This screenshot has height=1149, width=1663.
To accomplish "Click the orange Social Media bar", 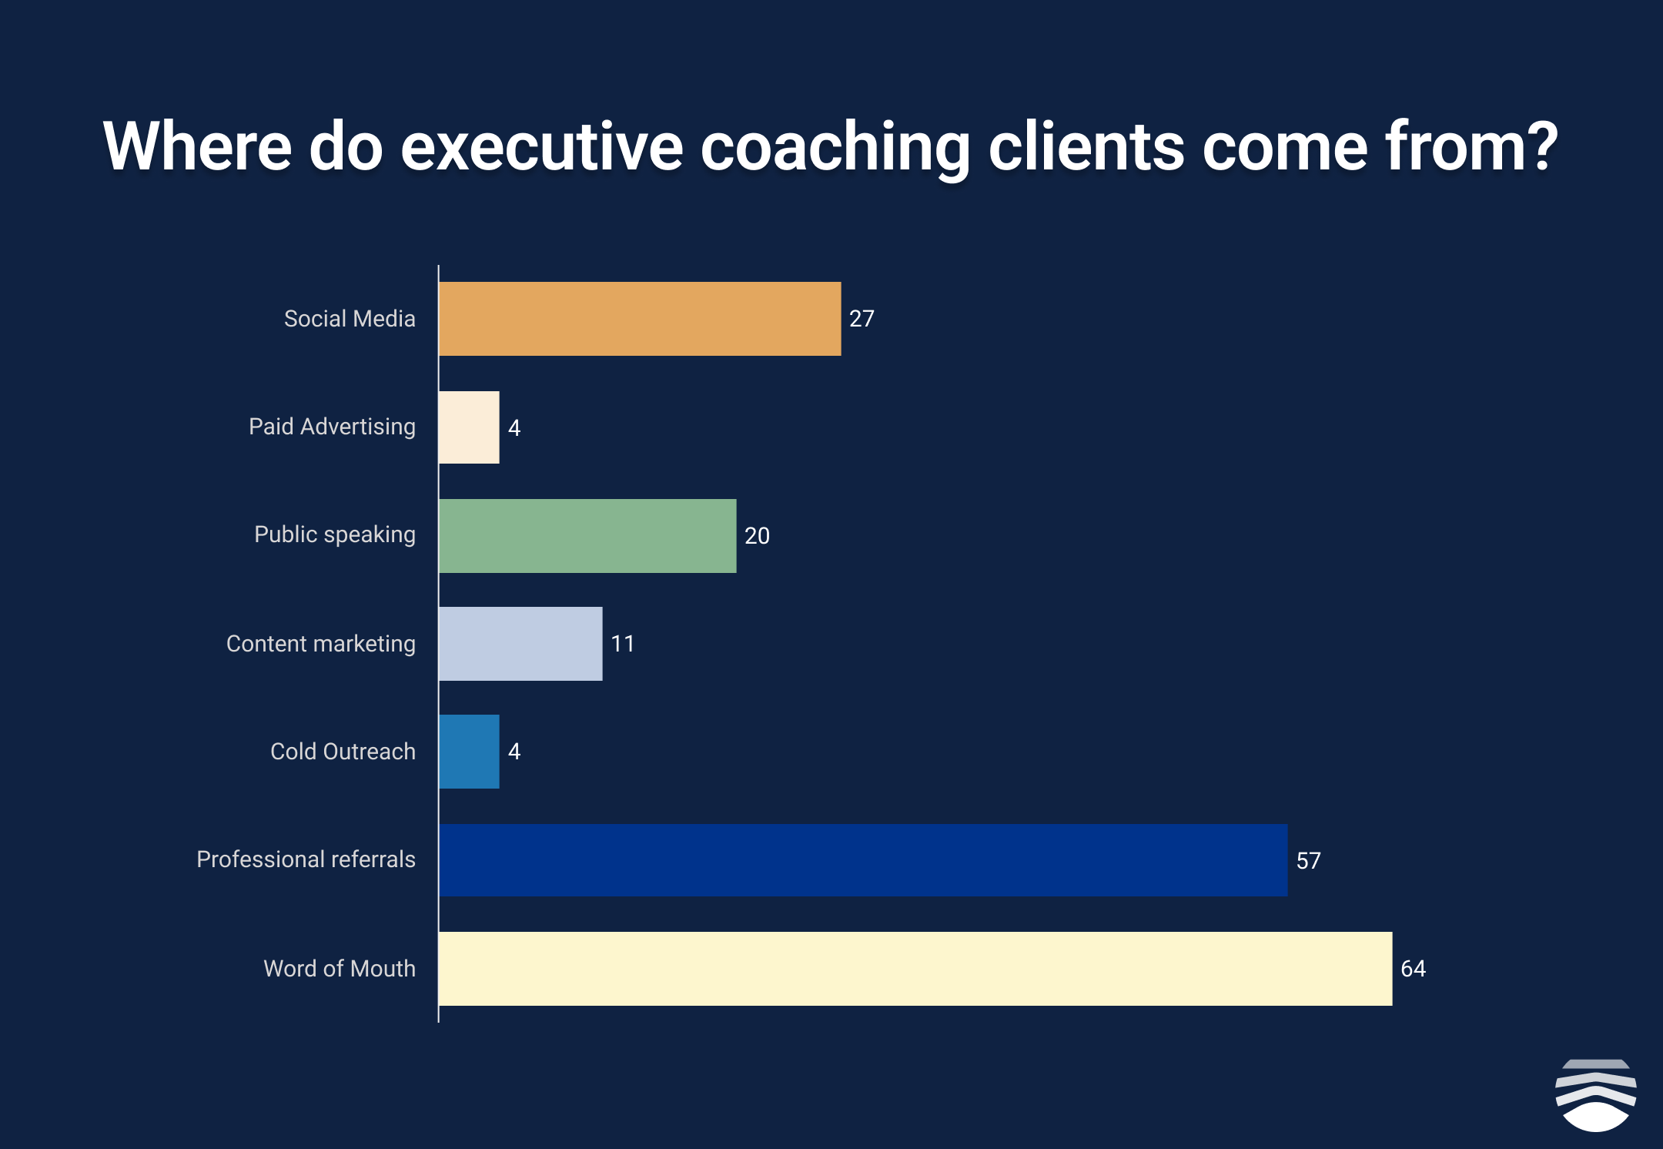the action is click(x=640, y=319).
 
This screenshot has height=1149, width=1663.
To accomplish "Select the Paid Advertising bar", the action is click(x=469, y=427).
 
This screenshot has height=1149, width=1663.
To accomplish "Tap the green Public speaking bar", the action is click(x=587, y=536).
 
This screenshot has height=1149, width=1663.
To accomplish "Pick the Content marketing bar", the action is click(x=520, y=644).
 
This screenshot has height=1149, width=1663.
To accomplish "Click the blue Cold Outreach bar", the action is click(x=469, y=752).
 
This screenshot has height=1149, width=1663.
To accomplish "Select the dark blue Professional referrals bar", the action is click(x=863, y=860).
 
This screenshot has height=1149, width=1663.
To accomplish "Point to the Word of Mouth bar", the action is click(x=915, y=969).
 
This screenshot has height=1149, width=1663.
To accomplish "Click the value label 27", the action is click(x=862, y=319).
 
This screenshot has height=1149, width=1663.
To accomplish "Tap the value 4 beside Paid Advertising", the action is click(x=514, y=428).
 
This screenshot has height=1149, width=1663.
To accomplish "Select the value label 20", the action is click(x=757, y=536).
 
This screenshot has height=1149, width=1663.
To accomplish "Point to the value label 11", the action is click(x=623, y=644).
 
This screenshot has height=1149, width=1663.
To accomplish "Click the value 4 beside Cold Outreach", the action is click(x=514, y=752).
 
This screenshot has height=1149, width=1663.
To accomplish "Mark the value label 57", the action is click(x=1308, y=861).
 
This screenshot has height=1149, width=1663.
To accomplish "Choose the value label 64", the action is click(x=1413, y=969).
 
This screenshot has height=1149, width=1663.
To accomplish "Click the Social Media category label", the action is click(x=350, y=319).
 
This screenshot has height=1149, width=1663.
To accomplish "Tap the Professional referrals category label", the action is click(x=306, y=859).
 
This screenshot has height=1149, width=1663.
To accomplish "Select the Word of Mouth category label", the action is click(x=340, y=969).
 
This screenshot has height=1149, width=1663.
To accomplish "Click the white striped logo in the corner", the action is click(x=1596, y=1095).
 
